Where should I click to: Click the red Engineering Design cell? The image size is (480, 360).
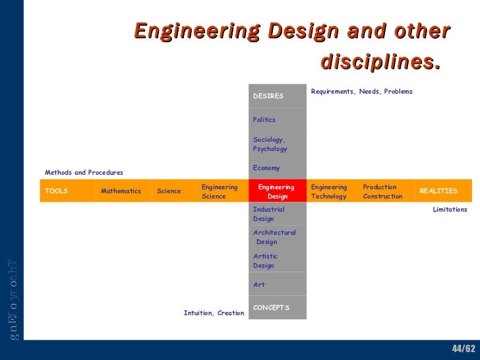[x=278, y=191]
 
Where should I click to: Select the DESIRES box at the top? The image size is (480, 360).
[x=278, y=96]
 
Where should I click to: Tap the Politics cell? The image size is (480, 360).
[x=278, y=120]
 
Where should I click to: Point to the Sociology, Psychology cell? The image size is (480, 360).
[x=278, y=144]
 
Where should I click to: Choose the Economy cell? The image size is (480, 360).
[x=278, y=167]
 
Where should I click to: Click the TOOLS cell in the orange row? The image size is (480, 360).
[x=67, y=191]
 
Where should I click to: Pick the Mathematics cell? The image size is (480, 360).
[x=123, y=191]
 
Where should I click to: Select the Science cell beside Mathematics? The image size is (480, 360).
[x=173, y=191]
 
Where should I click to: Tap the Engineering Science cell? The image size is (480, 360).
[x=222, y=191]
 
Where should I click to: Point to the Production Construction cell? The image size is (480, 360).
[x=386, y=191]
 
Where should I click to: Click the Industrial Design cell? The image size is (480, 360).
[x=278, y=214]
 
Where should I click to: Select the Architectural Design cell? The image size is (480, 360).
[x=278, y=237]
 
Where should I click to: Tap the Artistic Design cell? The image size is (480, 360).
[x=278, y=261]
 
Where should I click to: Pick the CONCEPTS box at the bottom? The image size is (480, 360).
[x=278, y=308]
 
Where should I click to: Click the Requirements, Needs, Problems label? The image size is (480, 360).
[x=361, y=92]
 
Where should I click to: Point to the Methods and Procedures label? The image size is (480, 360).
[x=84, y=173]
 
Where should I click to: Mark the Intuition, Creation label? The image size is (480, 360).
[x=214, y=313]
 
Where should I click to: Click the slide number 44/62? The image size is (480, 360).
[x=463, y=348]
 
